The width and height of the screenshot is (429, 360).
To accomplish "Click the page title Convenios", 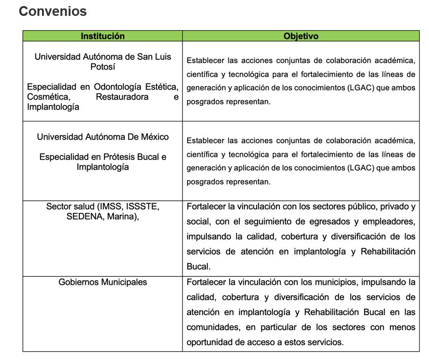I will click(x=53, y=11).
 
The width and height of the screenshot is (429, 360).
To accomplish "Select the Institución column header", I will click(x=103, y=36).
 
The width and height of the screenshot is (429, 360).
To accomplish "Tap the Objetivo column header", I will click(x=301, y=36).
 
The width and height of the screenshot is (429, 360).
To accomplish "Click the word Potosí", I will click(x=103, y=67).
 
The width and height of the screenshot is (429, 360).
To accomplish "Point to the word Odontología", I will click(x=116, y=87).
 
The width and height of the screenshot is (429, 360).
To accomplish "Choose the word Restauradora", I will click(x=122, y=97).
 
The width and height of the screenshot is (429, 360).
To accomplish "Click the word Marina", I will click(x=122, y=217).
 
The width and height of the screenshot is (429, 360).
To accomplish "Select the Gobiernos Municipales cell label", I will click(x=103, y=282).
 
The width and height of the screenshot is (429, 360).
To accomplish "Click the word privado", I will click(x=390, y=206).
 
